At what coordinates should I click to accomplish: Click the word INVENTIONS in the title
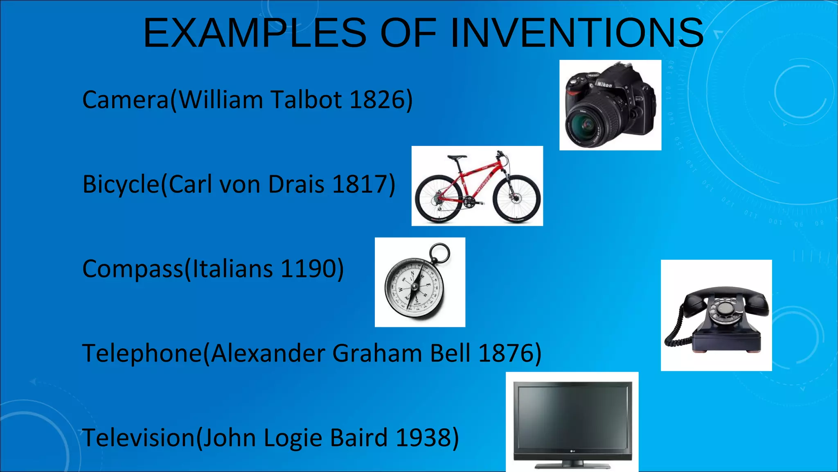point(577,33)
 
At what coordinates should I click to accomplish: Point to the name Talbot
point(306,100)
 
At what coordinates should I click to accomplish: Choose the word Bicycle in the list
point(121,184)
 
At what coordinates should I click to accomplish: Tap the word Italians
point(232,269)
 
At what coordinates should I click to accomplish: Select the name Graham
point(377,353)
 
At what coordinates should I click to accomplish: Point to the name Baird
point(358,438)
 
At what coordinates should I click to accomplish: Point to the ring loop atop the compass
point(440,254)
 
